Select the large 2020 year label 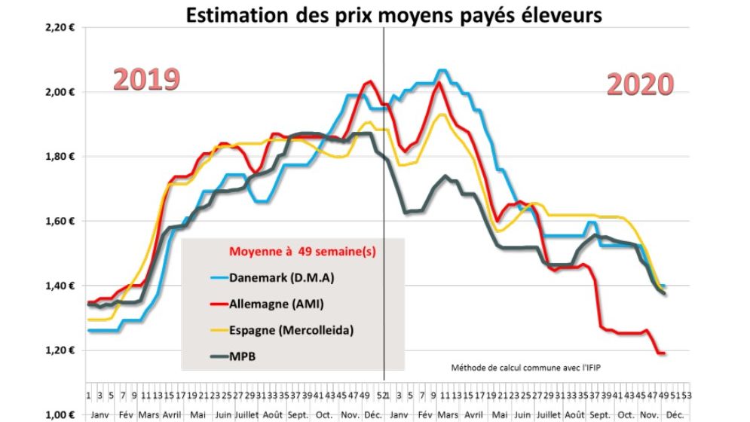[x=639, y=85]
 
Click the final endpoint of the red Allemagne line [x=663, y=353]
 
